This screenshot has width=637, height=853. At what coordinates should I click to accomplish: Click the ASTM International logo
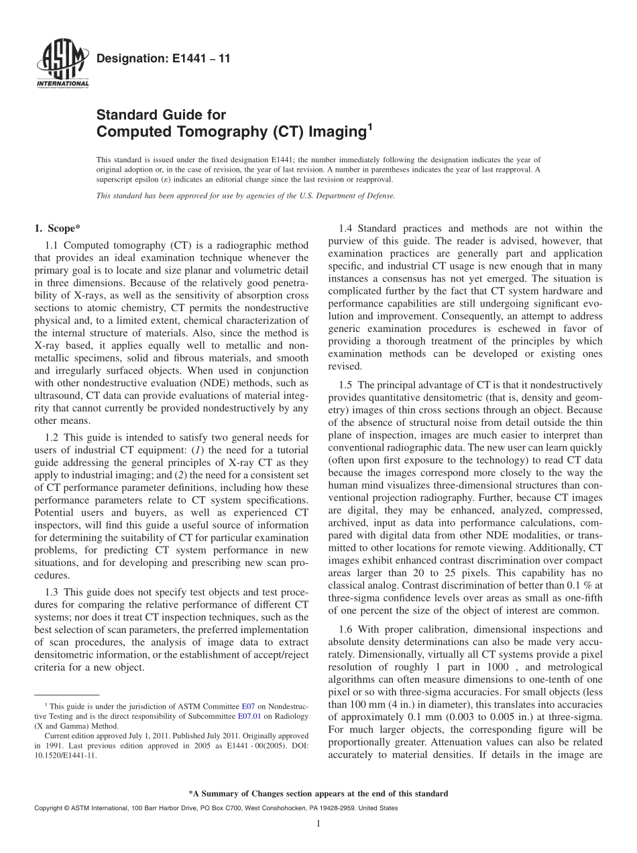pyautogui.click(x=61, y=64)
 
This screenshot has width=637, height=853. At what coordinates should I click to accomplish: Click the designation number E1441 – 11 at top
pyautogui.click(x=164, y=58)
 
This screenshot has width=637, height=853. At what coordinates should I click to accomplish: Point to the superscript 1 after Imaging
pyautogui.click(x=368, y=126)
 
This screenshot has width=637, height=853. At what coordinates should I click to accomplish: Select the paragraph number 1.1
pyautogui.click(x=52, y=245)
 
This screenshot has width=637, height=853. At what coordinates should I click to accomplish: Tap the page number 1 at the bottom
pyautogui.click(x=318, y=824)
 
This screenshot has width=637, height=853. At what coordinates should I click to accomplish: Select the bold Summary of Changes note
pyautogui.click(x=318, y=793)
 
